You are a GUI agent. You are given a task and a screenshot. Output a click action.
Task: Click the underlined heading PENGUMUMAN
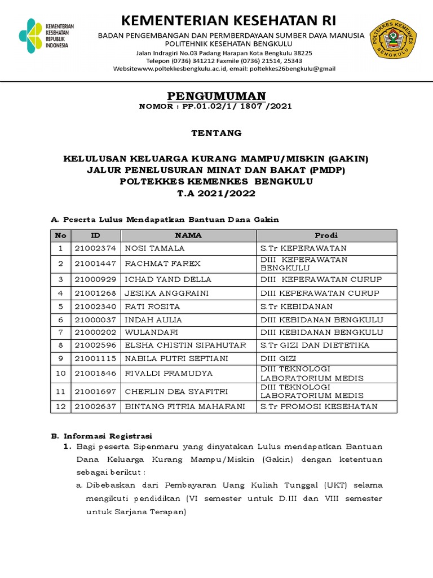(217, 95)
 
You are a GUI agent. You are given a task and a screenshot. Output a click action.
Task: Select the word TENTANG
(216, 133)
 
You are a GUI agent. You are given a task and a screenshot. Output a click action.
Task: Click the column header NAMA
(188, 235)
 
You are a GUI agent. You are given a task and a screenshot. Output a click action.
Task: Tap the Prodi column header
(326, 235)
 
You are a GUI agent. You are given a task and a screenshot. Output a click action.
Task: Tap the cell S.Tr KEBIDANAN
(296, 306)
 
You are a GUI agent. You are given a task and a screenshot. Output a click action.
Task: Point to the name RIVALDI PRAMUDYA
(161, 374)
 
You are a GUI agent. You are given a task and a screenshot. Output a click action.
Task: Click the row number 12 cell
(60, 406)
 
